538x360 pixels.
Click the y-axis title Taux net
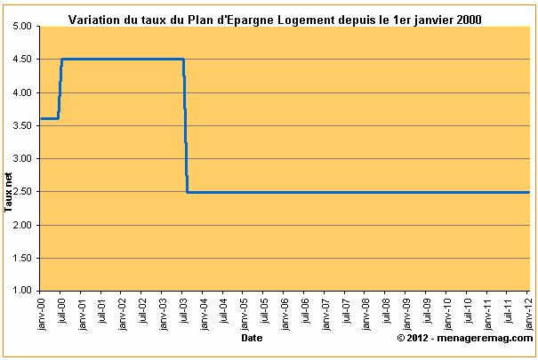[9, 195]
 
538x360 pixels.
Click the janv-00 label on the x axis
[41, 311]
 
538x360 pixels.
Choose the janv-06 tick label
[285, 311]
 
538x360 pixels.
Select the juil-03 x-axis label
[183, 311]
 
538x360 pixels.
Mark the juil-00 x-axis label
[61, 311]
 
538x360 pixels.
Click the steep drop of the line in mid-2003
[185, 124]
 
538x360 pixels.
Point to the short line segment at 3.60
[50, 118]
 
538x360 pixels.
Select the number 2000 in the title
[468, 19]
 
